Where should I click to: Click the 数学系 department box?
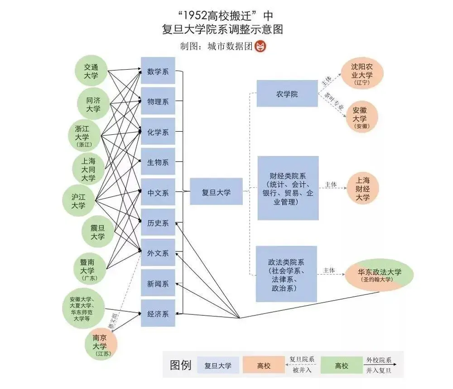pyautogui.click(x=158, y=71)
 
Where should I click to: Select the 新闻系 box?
pyautogui.click(x=158, y=283)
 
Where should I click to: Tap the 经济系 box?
pyautogui.click(x=158, y=313)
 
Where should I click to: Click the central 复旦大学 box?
pyautogui.click(x=216, y=192)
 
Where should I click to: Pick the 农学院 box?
pyautogui.click(x=287, y=94)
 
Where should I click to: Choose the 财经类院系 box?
pyautogui.click(x=288, y=188)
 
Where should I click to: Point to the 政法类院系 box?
pyautogui.click(x=286, y=274)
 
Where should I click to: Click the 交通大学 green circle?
pyautogui.click(x=91, y=71)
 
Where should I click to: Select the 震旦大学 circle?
pyautogui.click(x=98, y=232)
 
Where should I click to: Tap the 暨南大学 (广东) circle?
pyautogui.click(x=90, y=269)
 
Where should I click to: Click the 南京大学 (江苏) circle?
pyautogui.click(x=101, y=344)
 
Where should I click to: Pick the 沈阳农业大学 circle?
pyautogui.click(x=362, y=74)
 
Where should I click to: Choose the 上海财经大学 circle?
pyautogui.click(x=362, y=189)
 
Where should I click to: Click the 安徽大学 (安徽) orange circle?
pyautogui.click(x=361, y=117)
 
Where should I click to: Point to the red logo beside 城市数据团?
pyautogui.click(x=260, y=47)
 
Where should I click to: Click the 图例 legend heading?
pyautogui.click(x=181, y=365)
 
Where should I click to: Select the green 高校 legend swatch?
pyautogui.click(x=342, y=365)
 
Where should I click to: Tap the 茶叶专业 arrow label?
pyautogui.click(x=334, y=101)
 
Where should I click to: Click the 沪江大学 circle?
pyautogui.click(x=78, y=201)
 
